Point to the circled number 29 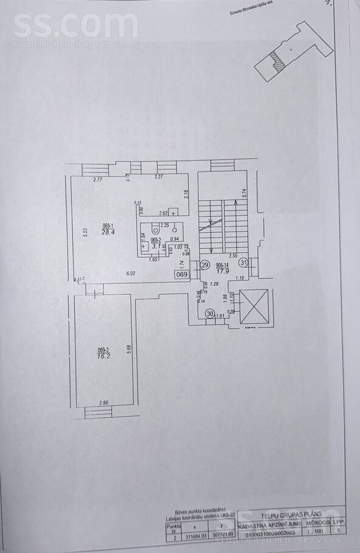(x=205, y=265)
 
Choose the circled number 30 (x=210, y=314)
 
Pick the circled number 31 (x=243, y=263)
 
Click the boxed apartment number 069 (x=182, y=275)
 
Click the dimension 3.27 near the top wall (x=159, y=177)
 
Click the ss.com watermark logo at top (x=75, y=26)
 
